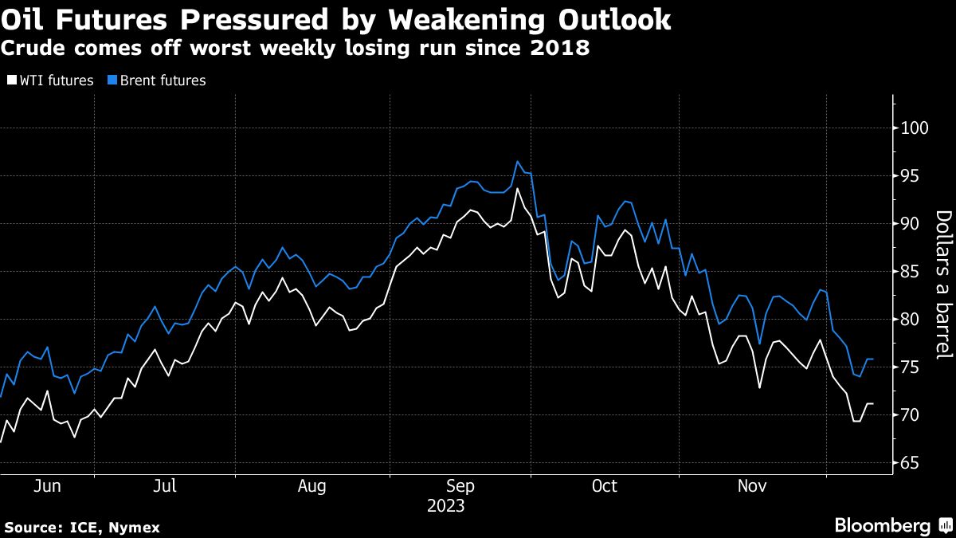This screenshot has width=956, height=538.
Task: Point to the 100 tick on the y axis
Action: [915, 128]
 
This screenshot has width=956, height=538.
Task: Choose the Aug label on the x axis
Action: [312, 485]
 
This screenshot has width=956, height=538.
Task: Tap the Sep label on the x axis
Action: [460, 485]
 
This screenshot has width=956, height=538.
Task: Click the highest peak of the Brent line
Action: [517, 162]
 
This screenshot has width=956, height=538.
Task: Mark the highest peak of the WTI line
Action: [518, 189]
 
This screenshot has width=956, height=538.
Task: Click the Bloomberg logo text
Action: [882, 525]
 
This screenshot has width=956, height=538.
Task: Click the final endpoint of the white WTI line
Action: [873, 404]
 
